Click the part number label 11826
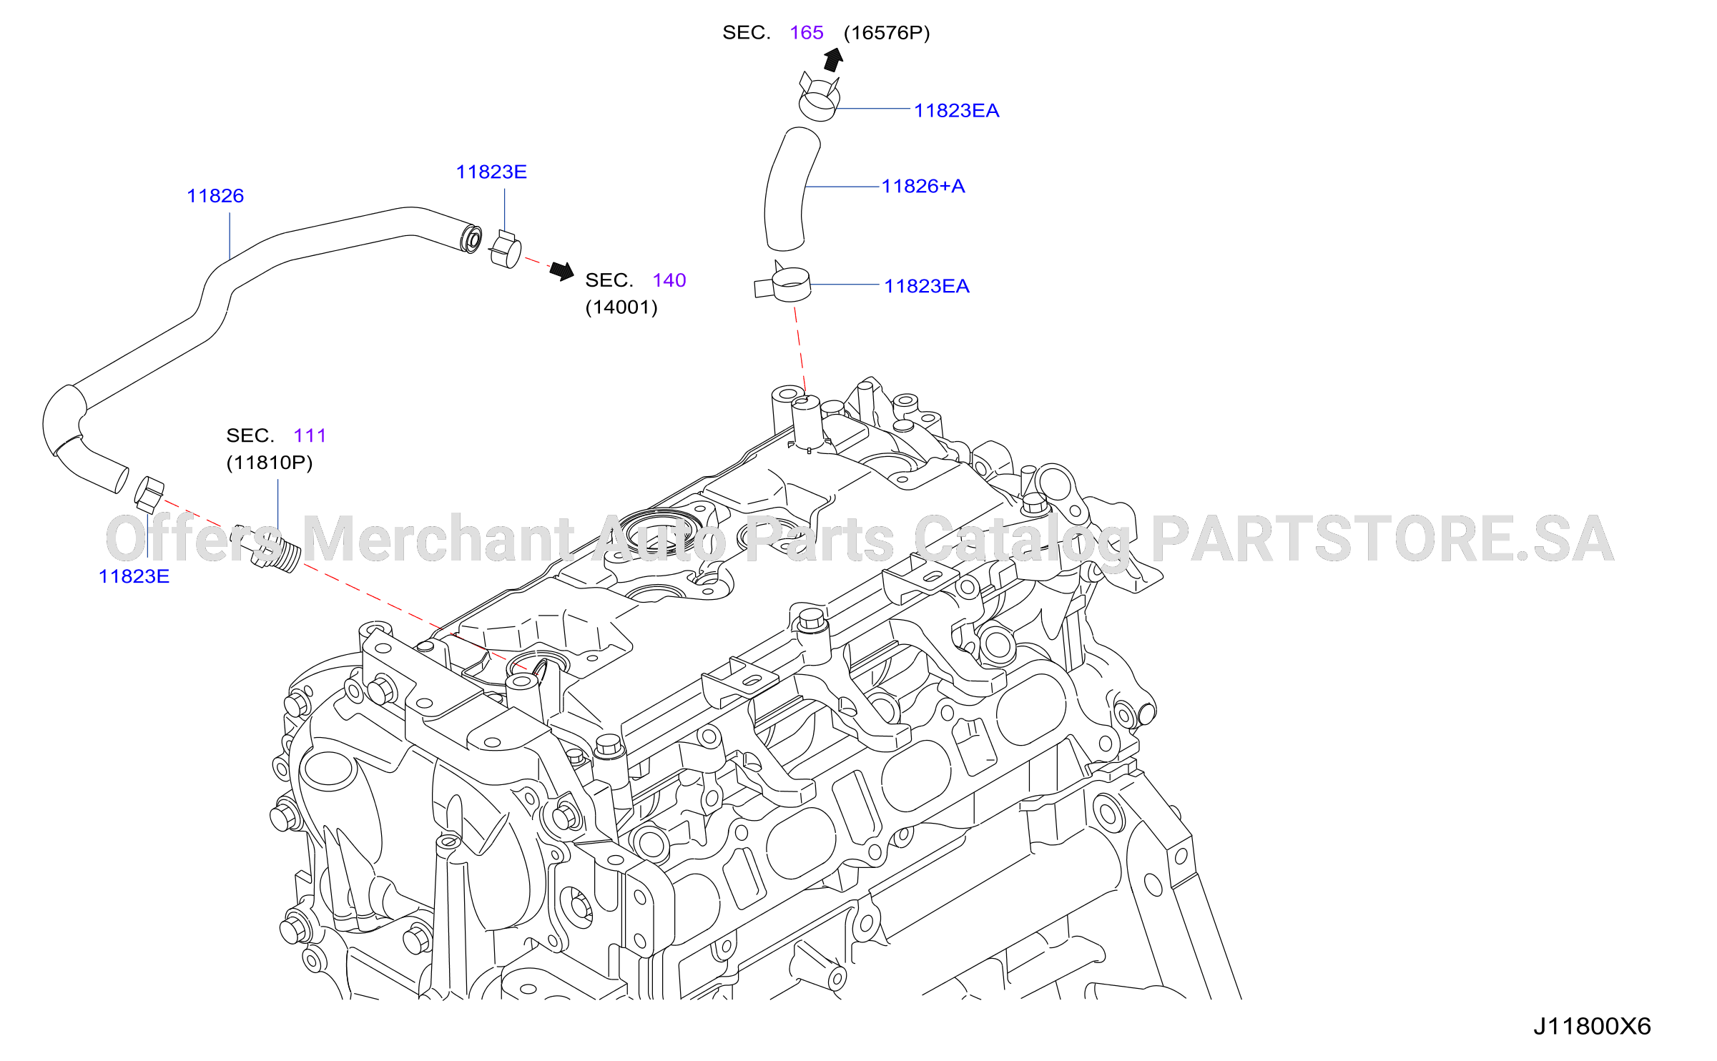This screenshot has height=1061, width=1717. [215, 196]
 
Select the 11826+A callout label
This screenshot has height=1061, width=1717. [923, 187]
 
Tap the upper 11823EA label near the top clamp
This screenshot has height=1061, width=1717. [956, 111]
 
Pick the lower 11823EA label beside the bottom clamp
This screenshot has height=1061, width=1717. [927, 286]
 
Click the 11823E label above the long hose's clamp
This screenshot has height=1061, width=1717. [491, 172]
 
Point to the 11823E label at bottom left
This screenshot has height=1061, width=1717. [134, 576]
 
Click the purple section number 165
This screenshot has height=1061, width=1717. [807, 33]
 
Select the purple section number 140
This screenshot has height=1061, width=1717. [669, 280]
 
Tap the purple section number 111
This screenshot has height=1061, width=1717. [310, 435]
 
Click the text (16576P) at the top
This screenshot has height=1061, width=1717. [887, 33]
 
